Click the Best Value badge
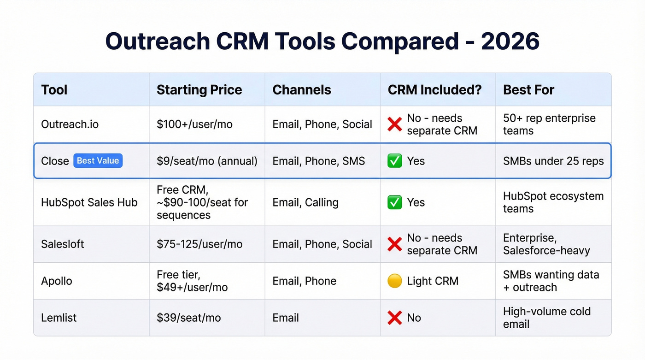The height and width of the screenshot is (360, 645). point(98,161)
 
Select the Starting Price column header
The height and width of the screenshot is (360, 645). point(199,90)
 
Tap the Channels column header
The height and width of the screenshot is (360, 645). point(301,90)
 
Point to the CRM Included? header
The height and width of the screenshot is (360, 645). point(434,90)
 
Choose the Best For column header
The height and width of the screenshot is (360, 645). point(528,90)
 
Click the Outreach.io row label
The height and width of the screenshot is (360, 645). point(70,124)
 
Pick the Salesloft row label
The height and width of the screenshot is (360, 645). point(63,244)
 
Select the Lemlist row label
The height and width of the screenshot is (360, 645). point(59,318)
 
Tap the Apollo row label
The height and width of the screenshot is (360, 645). point(57,281)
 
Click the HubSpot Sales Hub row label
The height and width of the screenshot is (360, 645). point(89,202)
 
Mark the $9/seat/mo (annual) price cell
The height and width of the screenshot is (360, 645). point(207,161)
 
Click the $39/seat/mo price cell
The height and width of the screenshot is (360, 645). point(188,318)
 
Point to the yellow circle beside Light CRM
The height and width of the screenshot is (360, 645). point(395,281)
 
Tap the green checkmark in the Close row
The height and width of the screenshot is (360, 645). point(395,161)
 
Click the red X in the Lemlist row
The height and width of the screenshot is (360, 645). point(395,318)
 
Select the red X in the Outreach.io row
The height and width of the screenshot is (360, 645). point(395,124)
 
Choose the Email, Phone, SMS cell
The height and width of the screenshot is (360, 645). point(318,161)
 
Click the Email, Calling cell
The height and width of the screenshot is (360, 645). point(305,202)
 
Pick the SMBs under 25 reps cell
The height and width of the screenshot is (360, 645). point(553,161)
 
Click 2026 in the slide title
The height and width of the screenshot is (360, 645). point(510,41)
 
